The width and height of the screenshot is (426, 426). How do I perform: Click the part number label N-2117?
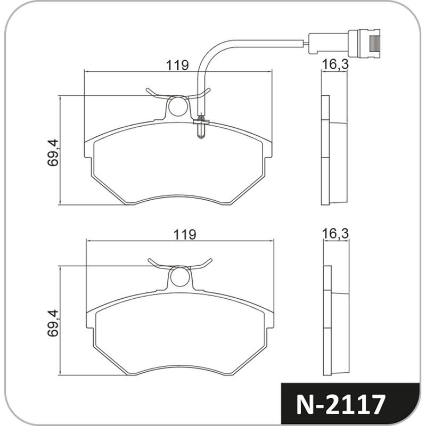pyautogui.click(x=341, y=405)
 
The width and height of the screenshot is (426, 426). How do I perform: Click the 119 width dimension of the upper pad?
pyautogui.click(x=177, y=65)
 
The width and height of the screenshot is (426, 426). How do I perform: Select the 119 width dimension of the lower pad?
pyautogui.click(x=185, y=234)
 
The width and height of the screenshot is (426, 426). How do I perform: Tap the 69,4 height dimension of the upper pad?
pyautogui.click(x=53, y=152)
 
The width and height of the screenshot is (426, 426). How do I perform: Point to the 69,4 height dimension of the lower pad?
pyautogui.click(x=53, y=323)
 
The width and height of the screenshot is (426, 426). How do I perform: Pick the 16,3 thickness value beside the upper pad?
pyautogui.click(x=335, y=64)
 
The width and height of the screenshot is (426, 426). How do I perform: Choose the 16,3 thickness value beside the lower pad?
pyautogui.click(x=335, y=234)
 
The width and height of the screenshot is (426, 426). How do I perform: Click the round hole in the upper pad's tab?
pyautogui.click(x=178, y=106)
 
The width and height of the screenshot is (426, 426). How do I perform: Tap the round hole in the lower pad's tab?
pyautogui.click(x=179, y=276)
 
